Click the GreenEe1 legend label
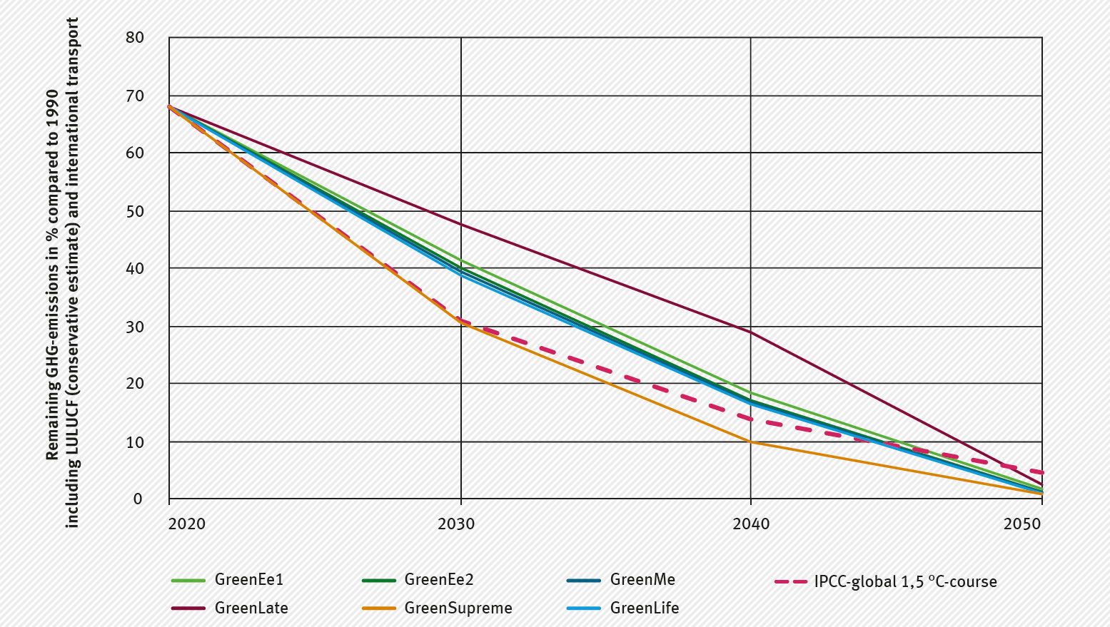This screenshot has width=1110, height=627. (x=248, y=580)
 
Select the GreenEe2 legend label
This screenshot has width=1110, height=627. (x=438, y=580)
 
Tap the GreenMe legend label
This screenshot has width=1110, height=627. (x=642, y=580)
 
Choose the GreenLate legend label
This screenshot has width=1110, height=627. (x=251, y=608)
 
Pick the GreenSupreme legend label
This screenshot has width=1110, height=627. (x=458, y=608)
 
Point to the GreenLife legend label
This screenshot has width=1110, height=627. (x=644, y=608)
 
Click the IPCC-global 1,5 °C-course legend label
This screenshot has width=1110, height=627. (x=905, y=581)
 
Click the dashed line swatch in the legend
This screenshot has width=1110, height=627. (x=790, y=581)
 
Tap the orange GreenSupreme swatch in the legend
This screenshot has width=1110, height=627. (x=380, y=608)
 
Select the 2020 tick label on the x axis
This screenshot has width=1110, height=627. (x=187, y=524)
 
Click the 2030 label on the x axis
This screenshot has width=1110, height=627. (x=457, y=524)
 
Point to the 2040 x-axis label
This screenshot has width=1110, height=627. (x=752, y=524)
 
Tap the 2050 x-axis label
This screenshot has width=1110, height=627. (x=1023, y=524)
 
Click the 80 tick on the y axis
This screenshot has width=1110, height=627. (x=134, y=37)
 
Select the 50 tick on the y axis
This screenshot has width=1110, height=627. (x=134, y=211)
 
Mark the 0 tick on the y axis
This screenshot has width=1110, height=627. (x=138, y=499)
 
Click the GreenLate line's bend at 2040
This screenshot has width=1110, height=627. (x=750, y=332)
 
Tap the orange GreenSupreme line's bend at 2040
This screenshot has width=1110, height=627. (x=750, y=442)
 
